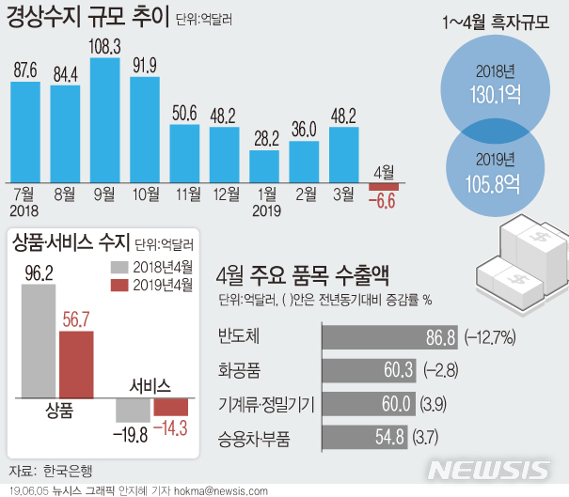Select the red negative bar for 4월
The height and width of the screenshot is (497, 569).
383,186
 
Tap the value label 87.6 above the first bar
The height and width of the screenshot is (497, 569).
25,71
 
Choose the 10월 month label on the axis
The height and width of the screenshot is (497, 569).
145,194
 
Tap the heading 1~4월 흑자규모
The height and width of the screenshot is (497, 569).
496,22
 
